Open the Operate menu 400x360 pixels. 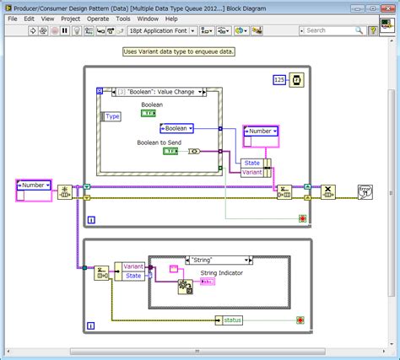click(98, 18)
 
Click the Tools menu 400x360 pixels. click(123, 18)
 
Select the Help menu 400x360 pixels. click(172, 18)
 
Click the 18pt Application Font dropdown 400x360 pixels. click(160, 30)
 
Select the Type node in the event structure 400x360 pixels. click(112, 116)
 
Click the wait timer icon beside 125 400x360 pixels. click(297, 80)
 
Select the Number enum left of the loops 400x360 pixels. click(34, 185)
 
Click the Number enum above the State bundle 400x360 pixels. click(261, 132)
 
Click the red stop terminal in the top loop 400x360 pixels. click(302, 218)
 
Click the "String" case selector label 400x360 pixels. click(202, 261)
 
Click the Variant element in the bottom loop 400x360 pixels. click(133, 266)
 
